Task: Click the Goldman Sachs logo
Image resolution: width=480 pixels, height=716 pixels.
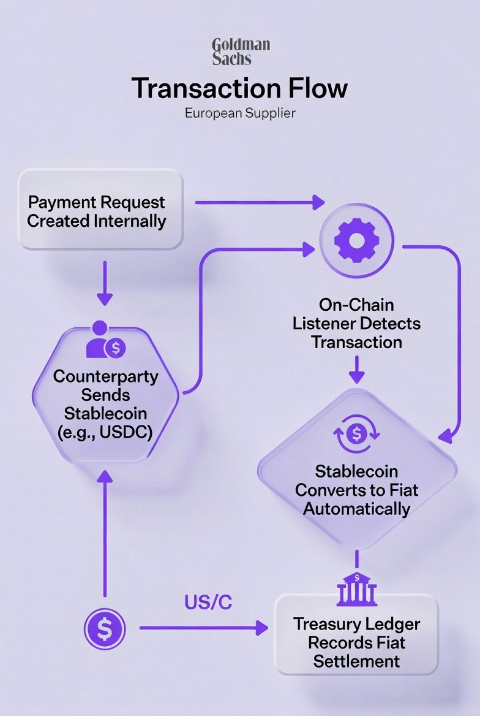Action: (x=240, y=51)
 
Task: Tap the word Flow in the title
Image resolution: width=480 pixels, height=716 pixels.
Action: (x=316, y=88)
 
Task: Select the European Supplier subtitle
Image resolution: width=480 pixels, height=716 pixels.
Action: (x=240, y=114)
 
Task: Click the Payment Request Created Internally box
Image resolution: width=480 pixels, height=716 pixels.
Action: (x=100, y=210)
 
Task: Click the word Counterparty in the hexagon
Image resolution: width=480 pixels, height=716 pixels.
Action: (x=105, y=376)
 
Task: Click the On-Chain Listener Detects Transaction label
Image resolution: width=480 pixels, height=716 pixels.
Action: (x=356, y=323)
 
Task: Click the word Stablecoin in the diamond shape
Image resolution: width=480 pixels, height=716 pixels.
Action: (x=356, y=471)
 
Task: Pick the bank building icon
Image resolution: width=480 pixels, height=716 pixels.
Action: (x=356, y=589)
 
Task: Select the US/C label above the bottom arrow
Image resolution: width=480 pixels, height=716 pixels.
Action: (x=208, y=603)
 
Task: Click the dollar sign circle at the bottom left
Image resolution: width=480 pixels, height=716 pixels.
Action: (x=105, y=628)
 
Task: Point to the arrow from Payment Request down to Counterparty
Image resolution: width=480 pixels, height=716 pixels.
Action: (x=105, y=283)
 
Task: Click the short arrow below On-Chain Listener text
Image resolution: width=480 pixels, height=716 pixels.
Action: (x=357, y=370)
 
